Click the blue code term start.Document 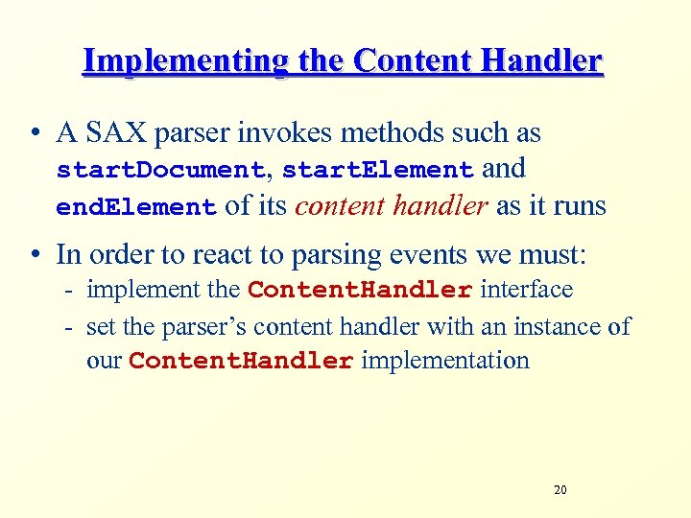click(160, 171)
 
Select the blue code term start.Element click(377, 171)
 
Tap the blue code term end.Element click(136, 207)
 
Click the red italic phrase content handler click(392, 205)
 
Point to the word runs click(578, 205)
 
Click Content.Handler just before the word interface click(360, 290)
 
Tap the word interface click(526, 289)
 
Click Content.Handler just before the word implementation click(241, 362)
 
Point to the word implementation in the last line click(445, 361)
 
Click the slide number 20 click(560, 490)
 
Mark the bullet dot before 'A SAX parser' click(36, 134)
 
